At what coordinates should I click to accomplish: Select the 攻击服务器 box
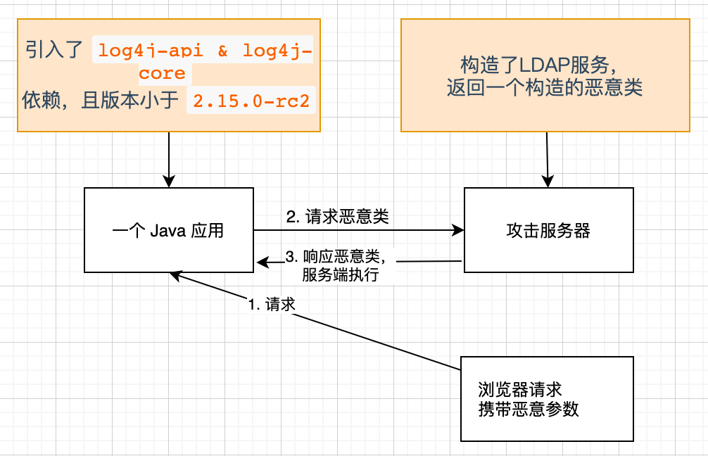click(548, 231)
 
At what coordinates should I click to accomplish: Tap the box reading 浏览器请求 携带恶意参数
click(547, 399)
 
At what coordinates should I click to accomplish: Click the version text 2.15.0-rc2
click(251, 101)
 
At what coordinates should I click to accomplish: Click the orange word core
click(162, 73)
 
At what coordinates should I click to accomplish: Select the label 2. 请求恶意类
click(337, 217)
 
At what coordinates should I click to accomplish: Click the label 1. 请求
click(271, 305)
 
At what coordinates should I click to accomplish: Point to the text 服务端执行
click(340, 274)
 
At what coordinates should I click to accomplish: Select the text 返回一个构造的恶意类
click(544, 89)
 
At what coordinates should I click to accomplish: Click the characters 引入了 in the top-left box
click(55, 51)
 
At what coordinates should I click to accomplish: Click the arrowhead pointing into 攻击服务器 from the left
click(459, 230)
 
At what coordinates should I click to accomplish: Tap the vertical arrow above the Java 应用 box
click(169, 158)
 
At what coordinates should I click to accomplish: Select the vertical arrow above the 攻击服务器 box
click(547, 158)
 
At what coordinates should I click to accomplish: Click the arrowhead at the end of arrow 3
click(261, 263)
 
